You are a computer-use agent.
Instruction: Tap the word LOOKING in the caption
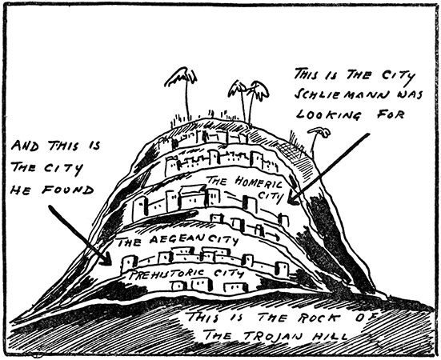coord(328,115)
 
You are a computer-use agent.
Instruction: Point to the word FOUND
coord(68,190)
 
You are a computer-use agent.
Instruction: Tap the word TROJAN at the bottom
coord(271,335)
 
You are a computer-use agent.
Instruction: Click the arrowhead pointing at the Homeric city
coord(292,198)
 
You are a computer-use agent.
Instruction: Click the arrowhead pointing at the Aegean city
coord(107,259)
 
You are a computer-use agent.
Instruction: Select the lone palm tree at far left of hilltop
coord(182,93)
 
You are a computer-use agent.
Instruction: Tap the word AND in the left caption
coord(25,146)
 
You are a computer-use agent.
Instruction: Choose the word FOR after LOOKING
coord(391,114)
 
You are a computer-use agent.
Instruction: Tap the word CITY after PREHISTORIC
coord(229,273)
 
